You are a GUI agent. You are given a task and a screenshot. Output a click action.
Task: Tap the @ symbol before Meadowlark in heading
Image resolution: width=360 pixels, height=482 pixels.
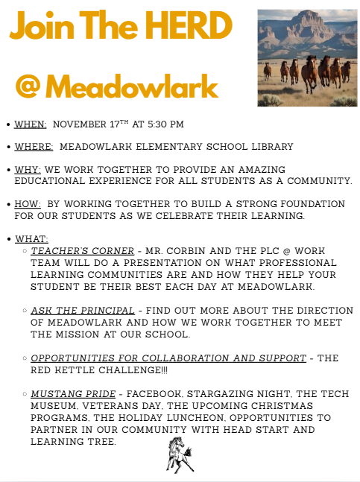(28, 87)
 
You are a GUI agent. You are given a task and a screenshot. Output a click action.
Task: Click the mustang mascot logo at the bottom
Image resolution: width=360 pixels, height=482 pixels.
(180, 454)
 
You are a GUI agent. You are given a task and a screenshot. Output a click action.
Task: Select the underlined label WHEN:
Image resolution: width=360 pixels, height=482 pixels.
(30, 124)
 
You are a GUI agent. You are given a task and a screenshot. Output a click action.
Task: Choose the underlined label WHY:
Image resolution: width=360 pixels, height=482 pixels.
(28, 170)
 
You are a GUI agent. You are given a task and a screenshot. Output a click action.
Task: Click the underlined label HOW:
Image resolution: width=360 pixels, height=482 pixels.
(28, 204)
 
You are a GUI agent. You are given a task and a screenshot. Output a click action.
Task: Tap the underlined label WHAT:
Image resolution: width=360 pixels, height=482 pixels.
(31, 238)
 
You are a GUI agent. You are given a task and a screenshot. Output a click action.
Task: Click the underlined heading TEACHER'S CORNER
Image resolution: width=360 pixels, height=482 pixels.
(82, 251)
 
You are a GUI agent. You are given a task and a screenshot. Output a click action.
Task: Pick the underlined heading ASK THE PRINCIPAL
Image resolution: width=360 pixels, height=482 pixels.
(82, 309)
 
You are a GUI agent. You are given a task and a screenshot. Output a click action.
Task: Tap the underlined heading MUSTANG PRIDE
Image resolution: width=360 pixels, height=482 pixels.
(73, 393)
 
